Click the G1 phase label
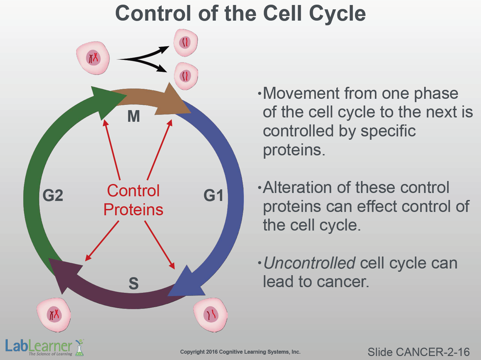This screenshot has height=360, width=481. (x=213, y=195)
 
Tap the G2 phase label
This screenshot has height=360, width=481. (x=53, y=195)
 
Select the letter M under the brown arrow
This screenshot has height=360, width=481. (x=134, y=116)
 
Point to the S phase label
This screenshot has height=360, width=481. (x=133, y=283)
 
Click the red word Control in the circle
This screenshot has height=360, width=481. (x=133, y=191)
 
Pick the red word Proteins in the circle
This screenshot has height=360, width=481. (x=133, y=210)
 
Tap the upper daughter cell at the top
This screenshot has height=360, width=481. (x=186, y=42)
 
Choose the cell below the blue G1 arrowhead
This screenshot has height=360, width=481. (x=211, y=314)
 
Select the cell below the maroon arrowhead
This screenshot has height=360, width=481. (x=54, y=314)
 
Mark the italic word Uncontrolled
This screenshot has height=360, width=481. (x=310, y=263)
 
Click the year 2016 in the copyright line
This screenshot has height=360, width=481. (x=212, y=352)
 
